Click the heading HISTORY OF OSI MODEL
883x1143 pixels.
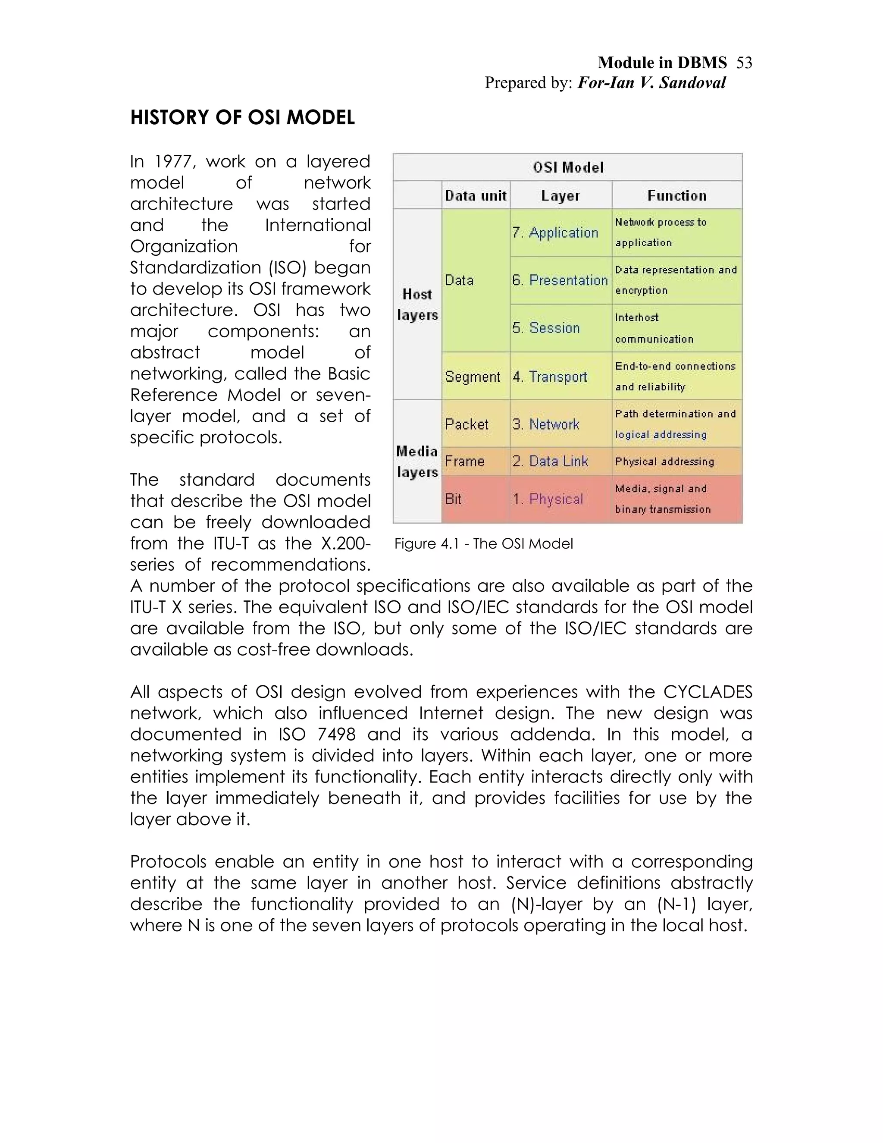coord(242,118)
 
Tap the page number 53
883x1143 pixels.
coord(744,63)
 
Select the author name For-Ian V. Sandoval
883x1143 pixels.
coord(651,83)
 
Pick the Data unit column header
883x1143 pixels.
coord(476,196)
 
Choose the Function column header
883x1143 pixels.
coord(676,196)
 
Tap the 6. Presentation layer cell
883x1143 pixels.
coord(560,280)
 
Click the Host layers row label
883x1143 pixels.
coord(417,305)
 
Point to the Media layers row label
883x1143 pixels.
coord(417,462)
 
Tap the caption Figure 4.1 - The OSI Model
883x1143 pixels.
coord(483,544)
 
